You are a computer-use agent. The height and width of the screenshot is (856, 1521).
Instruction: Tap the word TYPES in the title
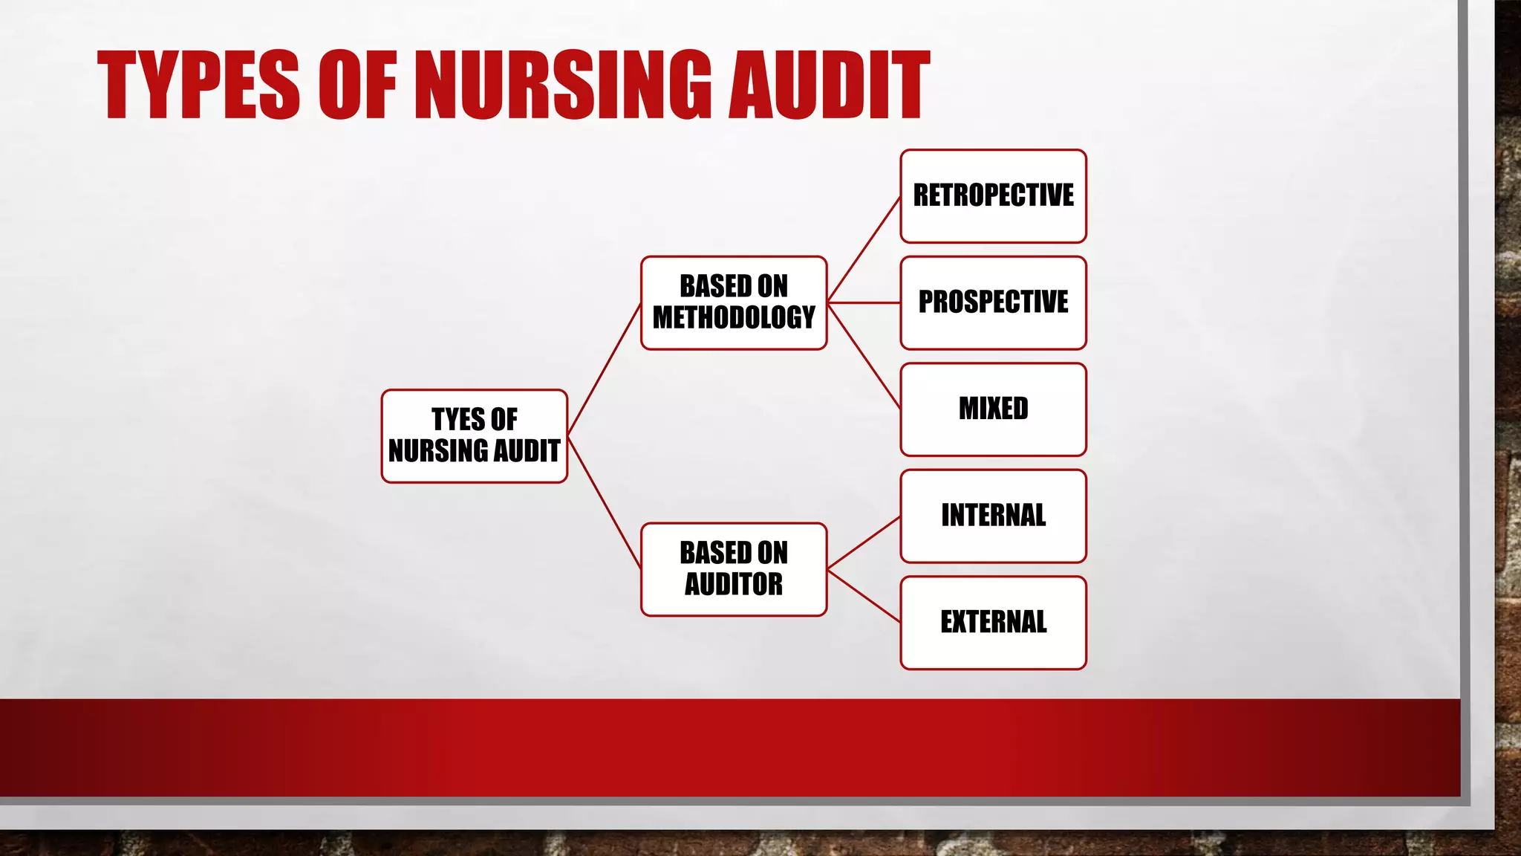click(198, 85)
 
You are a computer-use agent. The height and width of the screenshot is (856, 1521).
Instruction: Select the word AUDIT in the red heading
click(829, 85)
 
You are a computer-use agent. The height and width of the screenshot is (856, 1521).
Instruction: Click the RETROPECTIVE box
click(993, 196)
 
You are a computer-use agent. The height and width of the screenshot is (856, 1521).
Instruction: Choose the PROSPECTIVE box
click(993, 302)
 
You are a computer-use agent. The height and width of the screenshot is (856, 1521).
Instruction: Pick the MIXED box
click(993, 409)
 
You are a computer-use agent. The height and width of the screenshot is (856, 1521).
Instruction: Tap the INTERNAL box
click(993, 516)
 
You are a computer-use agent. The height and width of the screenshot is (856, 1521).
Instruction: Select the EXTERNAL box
click(993, 623)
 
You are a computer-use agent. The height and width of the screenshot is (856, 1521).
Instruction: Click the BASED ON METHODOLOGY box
click(734, 302)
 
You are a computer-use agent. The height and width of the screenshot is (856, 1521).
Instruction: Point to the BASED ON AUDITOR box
click(734, 569)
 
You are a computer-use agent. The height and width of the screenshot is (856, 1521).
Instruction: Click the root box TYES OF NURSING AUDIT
click(475, 436)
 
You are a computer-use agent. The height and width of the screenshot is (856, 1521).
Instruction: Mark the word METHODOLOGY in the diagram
click(734, 318)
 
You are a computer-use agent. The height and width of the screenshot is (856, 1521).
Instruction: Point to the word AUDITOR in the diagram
click(734, 585)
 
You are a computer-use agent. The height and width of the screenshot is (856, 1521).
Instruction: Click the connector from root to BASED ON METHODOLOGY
click(605, 369)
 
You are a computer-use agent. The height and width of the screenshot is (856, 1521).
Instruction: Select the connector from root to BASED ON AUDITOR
click(605, 503)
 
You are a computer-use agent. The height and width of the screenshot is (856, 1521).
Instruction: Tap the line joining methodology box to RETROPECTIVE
click(864, 250)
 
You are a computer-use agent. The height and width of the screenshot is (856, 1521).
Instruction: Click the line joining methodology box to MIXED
click(864, 356)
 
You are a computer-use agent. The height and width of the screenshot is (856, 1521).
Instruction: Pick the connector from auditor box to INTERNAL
click(864, 543)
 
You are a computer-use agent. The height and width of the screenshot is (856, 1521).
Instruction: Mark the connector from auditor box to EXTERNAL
click(864, 596)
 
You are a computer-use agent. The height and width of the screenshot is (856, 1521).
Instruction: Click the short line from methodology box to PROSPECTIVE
click(864, 303)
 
